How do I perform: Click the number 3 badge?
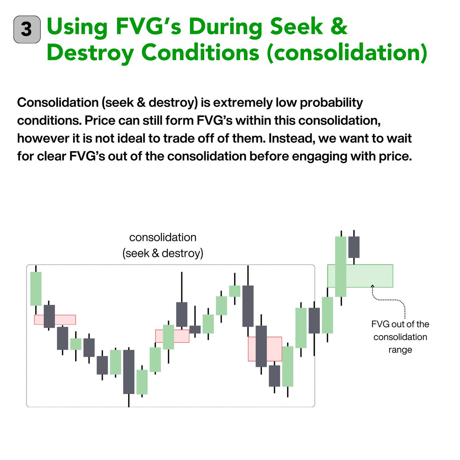(x=27, y=29)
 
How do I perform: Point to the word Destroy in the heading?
(x=90, y=53)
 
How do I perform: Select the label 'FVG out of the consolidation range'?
(x=400, y=337)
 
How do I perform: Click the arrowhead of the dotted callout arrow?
(x=372, y=286)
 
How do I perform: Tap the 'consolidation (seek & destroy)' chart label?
(x=163, y=245)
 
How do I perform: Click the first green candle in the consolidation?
(x=36, y=288)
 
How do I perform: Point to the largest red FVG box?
(x=265, y=349)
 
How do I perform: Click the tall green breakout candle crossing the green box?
(x=340, y=266)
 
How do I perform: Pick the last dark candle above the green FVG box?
(x=354, y=247)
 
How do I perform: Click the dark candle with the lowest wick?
(x=129, y=371)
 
